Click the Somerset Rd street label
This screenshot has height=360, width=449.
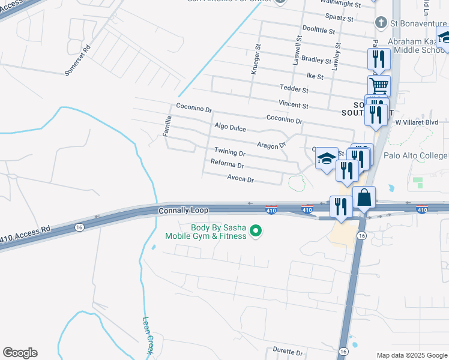[x=78, y=60]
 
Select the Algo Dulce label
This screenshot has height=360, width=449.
[x=230, y=128]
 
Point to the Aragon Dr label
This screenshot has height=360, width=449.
[x=273, y=145]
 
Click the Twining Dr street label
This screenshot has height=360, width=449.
[x=230, y=152]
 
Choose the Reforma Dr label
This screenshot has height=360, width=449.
[x=228, y=164]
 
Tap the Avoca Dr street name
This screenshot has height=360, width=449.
[x=241, y=179]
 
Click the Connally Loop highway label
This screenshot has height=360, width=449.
[x=183, y=211]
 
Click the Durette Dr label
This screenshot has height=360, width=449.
[x=288, y=351]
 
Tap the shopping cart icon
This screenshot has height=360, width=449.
[x=379, y=85]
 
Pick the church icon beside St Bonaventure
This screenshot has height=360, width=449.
[x=380, y=23]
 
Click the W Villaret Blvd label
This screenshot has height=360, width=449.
[x=417, y=122]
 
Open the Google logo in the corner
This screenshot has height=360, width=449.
[x=20, y=353]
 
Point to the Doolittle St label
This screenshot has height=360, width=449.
[x=318, y=29]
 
